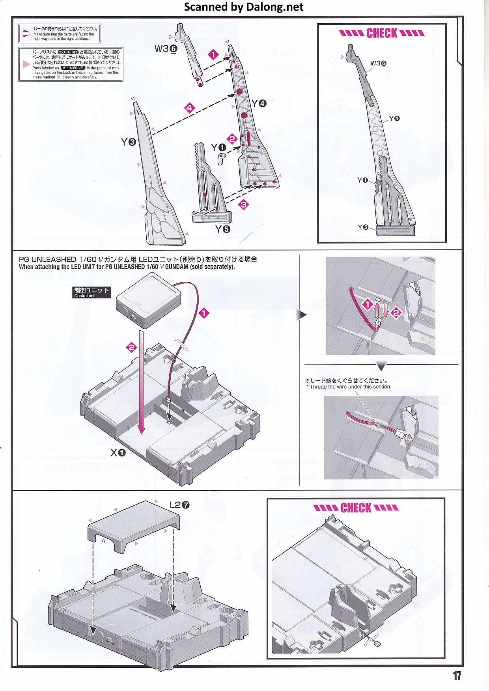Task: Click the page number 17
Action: pos(457,676)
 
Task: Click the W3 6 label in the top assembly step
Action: pos(166,48)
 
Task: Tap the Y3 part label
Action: pos(129,142)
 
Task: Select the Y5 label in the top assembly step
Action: pos(222,229)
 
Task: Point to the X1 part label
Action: pos(118,453)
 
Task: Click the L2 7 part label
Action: pos(179,505)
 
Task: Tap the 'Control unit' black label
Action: pos(91,292)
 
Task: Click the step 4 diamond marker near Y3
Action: pos(190,108)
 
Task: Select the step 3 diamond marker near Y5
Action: pos(244,204)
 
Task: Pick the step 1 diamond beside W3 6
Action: pos(213,54)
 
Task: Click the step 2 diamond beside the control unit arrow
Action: pos(131,347)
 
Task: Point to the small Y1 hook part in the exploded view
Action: pos(223,158)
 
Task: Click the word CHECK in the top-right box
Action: pos(382,34)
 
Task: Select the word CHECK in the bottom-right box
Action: pos(356,508)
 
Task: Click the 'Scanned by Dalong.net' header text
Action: pos(244,7)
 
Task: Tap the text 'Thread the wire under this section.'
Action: pos(350,387)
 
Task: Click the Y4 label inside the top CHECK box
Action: pos(394,119)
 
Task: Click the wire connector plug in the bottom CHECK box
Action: pos(377,644)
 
